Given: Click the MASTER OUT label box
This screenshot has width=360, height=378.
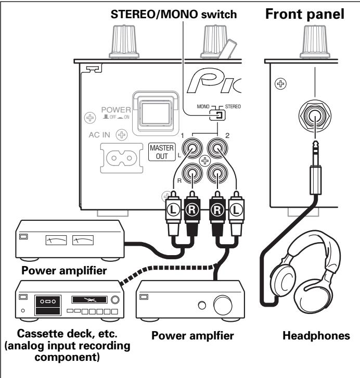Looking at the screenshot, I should (x=159, y=155).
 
